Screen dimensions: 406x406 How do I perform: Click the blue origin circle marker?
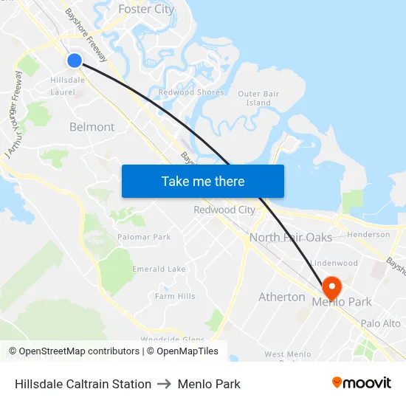pyautogui.click(x=75, y=61)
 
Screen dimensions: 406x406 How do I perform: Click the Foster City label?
pyautogui.click(x=146, y=10)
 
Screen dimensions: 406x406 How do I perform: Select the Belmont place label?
pyautogui.click(x=92, y=127)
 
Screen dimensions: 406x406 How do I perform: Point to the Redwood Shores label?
pyautogui.click(x=191, y=92)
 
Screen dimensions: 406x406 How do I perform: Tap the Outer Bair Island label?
pyautogui.click(x=259, y=98)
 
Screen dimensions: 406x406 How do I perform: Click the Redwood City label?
pyautogui.click(x=224, y=210)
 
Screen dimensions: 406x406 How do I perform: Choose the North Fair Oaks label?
pyautogui.click(x=291, y=238)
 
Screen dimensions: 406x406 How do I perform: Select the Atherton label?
pyautogui.click(x=282, y=297)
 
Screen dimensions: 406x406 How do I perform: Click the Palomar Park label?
pyautogui.click(x=144, y=237)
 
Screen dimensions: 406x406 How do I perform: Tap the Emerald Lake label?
pyautogui.click(x=159, y=269)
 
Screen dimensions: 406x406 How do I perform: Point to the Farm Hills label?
pyautogui.click(x=175, y=296)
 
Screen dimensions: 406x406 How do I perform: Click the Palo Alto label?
pyautogui.click(x=381, y=323)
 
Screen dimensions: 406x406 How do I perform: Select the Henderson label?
pyautogui.click(x=368, y=235)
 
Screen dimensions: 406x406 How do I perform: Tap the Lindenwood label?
pyautogui.click(x=334, y=263)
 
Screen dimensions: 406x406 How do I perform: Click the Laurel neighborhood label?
pyautogui.click(x=63, y=92)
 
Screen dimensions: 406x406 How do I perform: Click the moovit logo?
pyautogui.click(x=361, y=383)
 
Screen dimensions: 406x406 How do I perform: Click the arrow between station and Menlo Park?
pyautogui.click(x=165, y=384)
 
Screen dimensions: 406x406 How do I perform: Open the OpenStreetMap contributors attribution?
pyautogui.click(x=75, y=351)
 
